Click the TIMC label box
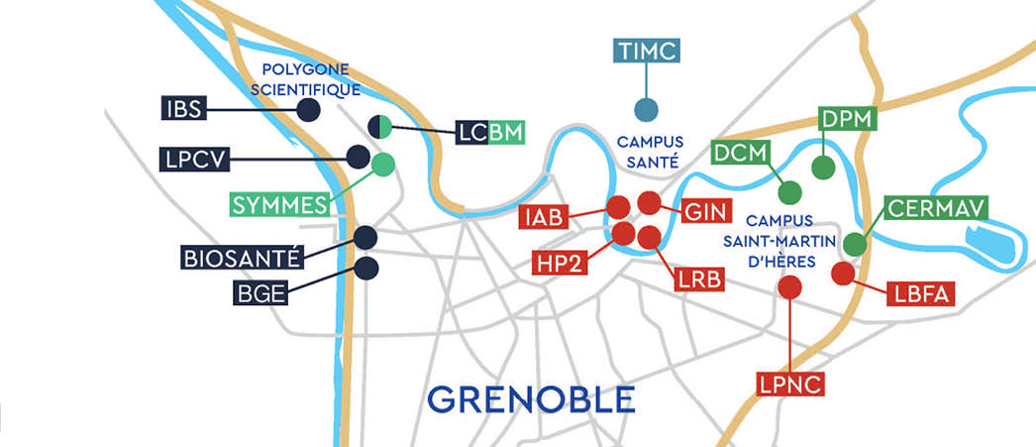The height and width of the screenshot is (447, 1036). tap(648, 52)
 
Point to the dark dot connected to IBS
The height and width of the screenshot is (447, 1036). tap(308, 110)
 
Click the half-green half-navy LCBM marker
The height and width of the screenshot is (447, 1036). tap(381, 126)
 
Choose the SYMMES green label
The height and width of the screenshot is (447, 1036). tap(279, 205)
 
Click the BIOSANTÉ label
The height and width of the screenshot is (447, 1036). tap(241, 259)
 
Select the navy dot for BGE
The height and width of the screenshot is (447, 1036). tap(366, 268)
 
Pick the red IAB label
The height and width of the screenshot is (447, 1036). tap(546, 216)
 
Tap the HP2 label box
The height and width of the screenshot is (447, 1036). tap(563, 264)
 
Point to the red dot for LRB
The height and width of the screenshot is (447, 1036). tap(650, 237)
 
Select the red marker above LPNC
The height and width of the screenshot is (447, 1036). tap(790, 287)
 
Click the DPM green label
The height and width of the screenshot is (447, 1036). tap(850, 120)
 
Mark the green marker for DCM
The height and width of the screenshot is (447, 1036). tap(789, 190)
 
